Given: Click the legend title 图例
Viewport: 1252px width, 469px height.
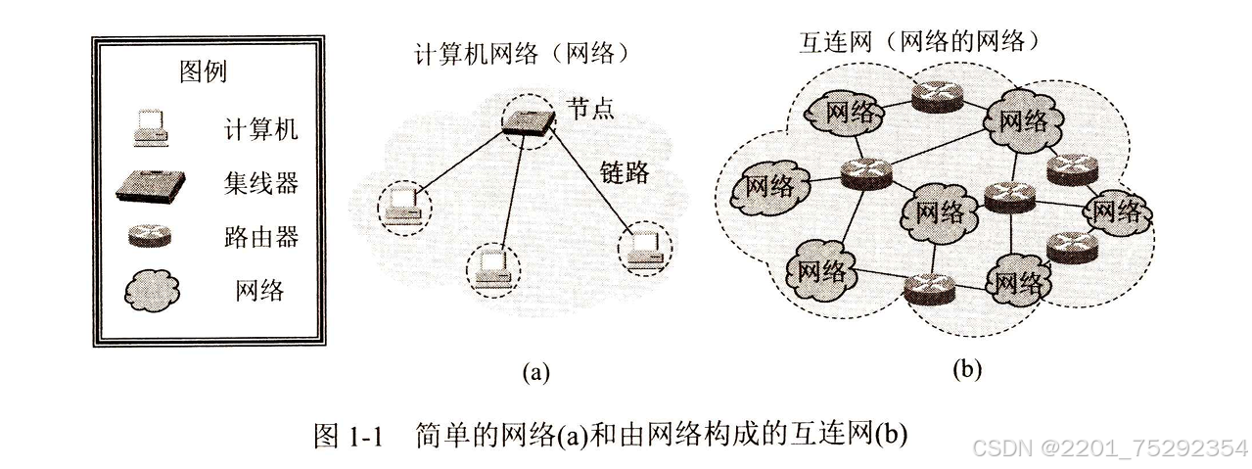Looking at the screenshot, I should [203, 72].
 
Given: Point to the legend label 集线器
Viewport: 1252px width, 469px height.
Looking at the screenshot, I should [259, 183].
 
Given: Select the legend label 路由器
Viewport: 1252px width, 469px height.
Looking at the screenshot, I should [259, 237].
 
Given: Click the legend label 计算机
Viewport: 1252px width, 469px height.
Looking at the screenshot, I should [259, 128].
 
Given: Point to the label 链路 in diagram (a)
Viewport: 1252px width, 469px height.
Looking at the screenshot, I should [625, 173].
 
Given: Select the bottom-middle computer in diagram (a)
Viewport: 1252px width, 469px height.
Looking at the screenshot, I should [490, 267].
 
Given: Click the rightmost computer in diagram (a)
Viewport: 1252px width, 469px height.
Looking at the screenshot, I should [643, 247].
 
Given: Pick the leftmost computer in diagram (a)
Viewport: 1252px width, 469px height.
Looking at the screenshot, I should [402, 206].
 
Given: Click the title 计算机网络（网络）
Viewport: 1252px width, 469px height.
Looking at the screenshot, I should [519, 54].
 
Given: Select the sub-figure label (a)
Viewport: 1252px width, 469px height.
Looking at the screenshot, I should [535, 371].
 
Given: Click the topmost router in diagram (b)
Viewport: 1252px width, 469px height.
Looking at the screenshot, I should [934, 94].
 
